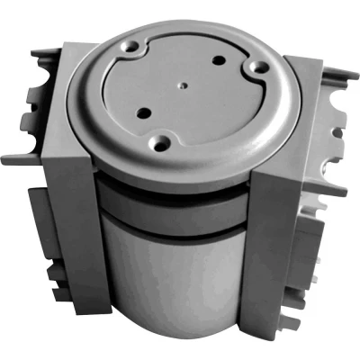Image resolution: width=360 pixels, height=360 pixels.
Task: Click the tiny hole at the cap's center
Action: tap(182, 87)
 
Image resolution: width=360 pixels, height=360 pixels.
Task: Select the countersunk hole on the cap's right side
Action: tap(256, 67)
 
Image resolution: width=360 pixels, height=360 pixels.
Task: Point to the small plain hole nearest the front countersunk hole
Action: tap(142, 112)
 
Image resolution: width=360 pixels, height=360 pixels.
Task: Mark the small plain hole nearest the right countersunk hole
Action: tap(219, 60)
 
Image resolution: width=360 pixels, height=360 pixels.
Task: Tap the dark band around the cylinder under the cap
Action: tap(171, 202)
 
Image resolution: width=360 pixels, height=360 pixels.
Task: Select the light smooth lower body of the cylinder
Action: tap(171, 270)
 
